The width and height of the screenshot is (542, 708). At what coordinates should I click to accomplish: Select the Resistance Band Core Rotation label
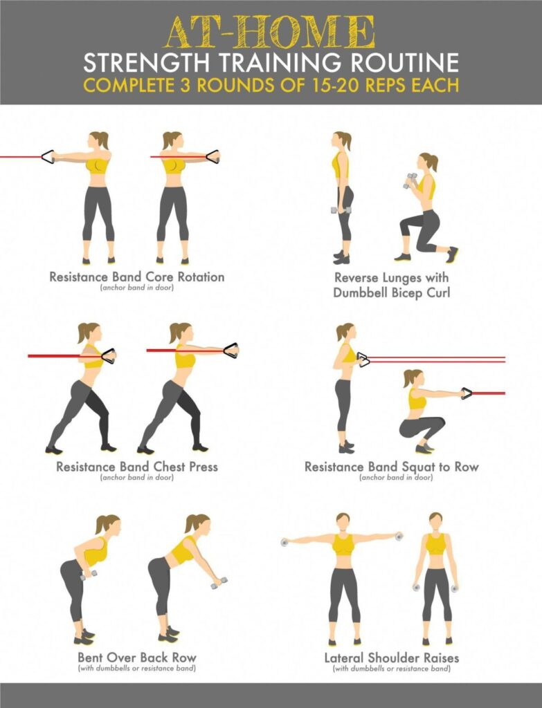click(x=136, y=277)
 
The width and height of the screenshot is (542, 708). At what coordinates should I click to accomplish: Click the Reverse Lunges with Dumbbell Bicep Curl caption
click(x=391, y=285)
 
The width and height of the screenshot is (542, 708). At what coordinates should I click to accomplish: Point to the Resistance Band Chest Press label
click(x=136, y=467)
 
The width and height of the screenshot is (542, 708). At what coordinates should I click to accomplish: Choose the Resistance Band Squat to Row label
click(x=391, y=467)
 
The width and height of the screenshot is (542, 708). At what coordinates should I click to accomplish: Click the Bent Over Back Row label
click(x=136, y=657)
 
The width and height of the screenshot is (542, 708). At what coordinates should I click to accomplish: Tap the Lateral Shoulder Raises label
click(x=391, y=657)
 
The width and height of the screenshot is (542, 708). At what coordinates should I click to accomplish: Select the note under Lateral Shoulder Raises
click(x=391, y=669)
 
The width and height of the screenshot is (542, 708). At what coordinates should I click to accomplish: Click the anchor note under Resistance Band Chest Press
click(x=136, y=478)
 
